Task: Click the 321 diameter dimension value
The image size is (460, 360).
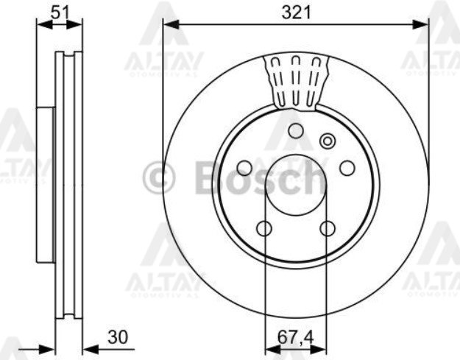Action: pos(295,11)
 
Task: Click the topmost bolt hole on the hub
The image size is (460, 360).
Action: pos(296,132)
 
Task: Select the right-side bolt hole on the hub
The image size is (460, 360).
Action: pos(347,169)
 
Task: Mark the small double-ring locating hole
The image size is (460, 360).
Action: pos(328,141)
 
